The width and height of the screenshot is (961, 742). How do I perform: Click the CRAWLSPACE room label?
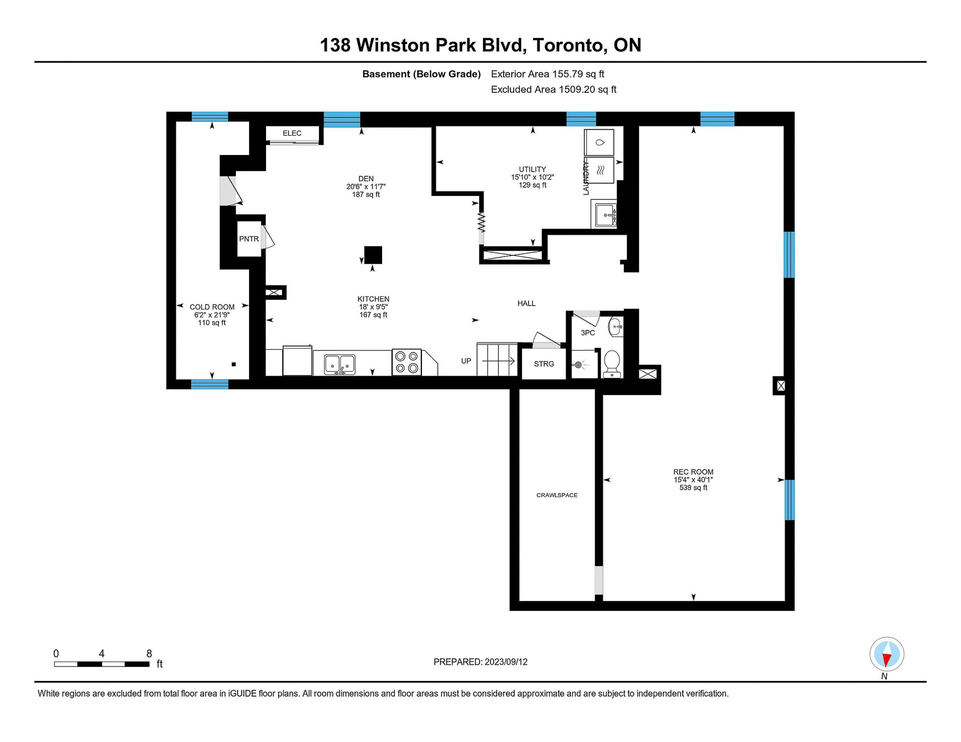click(556, 495)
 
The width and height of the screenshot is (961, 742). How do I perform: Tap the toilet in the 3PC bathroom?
click(612, 364)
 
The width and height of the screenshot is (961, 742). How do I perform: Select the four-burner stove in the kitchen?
click(407, 362)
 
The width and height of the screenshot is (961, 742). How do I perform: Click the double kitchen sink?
click(340, 364)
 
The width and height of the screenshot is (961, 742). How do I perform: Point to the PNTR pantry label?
click(249, 239)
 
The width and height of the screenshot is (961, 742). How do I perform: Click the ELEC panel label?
click(292, 133)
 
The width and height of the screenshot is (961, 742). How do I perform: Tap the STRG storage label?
click(544, 364)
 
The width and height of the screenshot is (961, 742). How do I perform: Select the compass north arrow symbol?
click(887, 654)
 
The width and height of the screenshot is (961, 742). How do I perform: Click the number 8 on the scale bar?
click(149, 654)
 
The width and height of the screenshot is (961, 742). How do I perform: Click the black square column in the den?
click(373, 255)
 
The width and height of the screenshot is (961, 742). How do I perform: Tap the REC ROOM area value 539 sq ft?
click(693, 488)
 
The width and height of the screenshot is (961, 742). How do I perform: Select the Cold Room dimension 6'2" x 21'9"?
click(212, 315)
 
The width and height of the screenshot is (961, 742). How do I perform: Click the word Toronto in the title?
click(567, 45)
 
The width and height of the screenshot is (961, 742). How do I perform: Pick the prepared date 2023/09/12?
click(506, 662)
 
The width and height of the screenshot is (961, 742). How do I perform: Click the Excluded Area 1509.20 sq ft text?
click(554, 89)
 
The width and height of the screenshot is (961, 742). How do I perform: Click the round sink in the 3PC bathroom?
click(616, 327)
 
